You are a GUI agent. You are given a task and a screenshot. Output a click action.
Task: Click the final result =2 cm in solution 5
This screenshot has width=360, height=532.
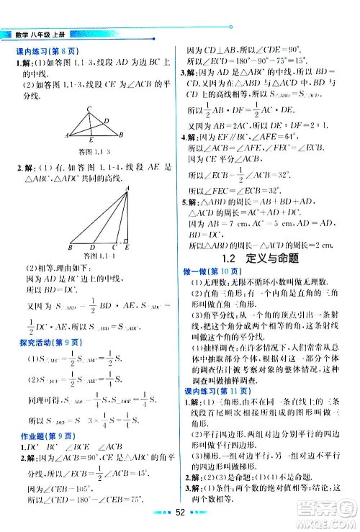tap(323, 244)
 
